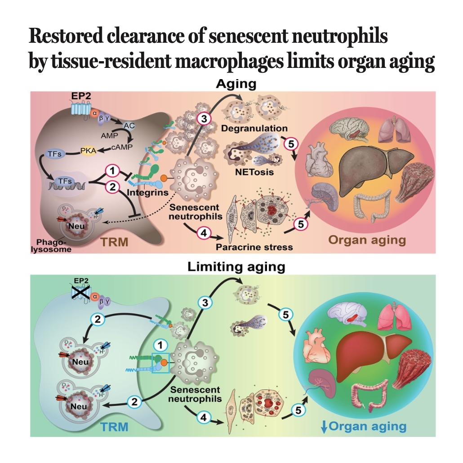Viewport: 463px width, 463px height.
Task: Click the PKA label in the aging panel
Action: (88, 151)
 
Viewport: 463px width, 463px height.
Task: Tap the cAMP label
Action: (122, 147)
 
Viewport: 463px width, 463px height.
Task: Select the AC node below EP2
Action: (129, 126)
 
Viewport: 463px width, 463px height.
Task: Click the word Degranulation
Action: (254, 128)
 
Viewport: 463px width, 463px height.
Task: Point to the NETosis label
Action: (254, 172)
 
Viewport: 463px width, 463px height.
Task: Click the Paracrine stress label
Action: (254, 247)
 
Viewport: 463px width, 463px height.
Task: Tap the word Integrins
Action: (147, 193)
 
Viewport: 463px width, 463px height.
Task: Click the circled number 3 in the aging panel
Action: (204, 119)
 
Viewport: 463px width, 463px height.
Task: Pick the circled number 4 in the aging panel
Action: (204, 233)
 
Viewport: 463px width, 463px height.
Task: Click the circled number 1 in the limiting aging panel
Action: (160, 345)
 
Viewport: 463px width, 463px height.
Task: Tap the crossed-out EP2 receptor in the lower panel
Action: (81, 294)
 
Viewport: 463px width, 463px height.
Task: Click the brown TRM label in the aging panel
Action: (115, 242)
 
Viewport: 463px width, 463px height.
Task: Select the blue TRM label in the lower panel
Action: (114, 427)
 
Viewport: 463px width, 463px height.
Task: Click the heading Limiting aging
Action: (236, 267)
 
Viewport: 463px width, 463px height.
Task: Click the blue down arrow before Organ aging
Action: (324, 427)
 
